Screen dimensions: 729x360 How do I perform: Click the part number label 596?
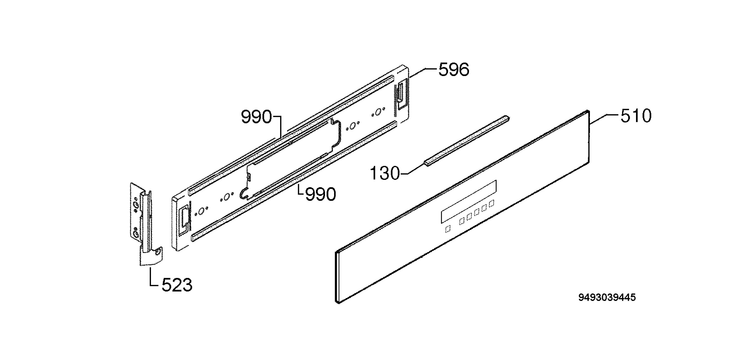[454, 70]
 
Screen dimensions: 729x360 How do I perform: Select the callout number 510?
[636, 116]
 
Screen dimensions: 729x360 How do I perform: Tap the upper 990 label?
[256, 117]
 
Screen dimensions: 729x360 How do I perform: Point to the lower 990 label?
[321, 194]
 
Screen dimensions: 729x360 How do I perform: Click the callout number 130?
[385, 174]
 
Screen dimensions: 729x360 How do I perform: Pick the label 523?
[177, 285]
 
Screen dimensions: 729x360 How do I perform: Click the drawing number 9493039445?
[607, 297]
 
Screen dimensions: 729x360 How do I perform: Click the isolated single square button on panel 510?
[448, 229]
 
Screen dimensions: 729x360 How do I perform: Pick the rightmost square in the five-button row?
[492, 203]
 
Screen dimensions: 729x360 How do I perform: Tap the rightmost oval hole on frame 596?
[378, 112]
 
